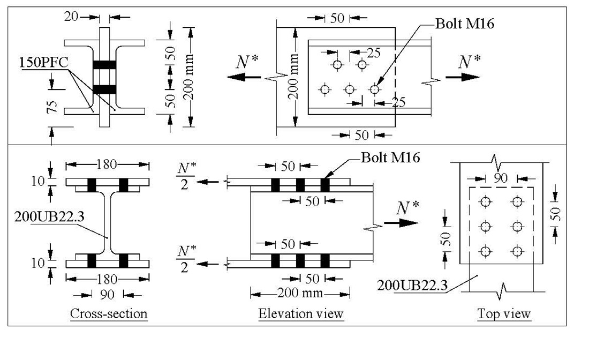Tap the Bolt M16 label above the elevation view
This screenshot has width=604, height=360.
[390, 157]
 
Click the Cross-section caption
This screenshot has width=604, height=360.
[109, 313]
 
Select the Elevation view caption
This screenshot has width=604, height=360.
[300, 313]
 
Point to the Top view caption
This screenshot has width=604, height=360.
[503, 313]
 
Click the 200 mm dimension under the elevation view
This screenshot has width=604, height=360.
[300, 293]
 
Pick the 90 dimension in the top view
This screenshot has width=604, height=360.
[500, 178]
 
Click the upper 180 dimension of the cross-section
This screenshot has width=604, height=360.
[107, 165]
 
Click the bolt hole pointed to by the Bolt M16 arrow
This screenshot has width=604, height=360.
[374, 89]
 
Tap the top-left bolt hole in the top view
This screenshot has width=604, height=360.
[485, 201]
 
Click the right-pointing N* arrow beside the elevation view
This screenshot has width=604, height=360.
[401, 222]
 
